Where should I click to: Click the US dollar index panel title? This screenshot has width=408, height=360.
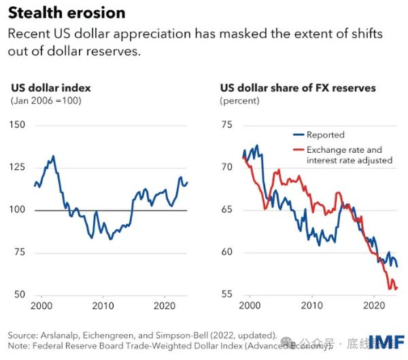pyautogui.click(x=51, y=88)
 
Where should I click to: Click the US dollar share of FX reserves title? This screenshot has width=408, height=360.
pyautogui.click(x=297, y=88)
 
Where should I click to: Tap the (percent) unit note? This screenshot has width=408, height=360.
pyautogui.click(x=239, y=101)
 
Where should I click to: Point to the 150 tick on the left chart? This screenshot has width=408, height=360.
pyautogui.click(x=19, y=125)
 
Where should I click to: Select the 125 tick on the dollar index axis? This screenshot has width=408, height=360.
pyautogui.click(x=19, y=168)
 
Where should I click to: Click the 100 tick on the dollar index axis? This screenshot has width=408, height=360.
pyautogui.click(x=19, y=210)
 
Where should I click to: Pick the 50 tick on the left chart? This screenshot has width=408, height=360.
pyautogui.click(x=21, y=295)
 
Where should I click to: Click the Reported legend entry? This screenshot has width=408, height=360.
pyautogui.click(x=325, y=134)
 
